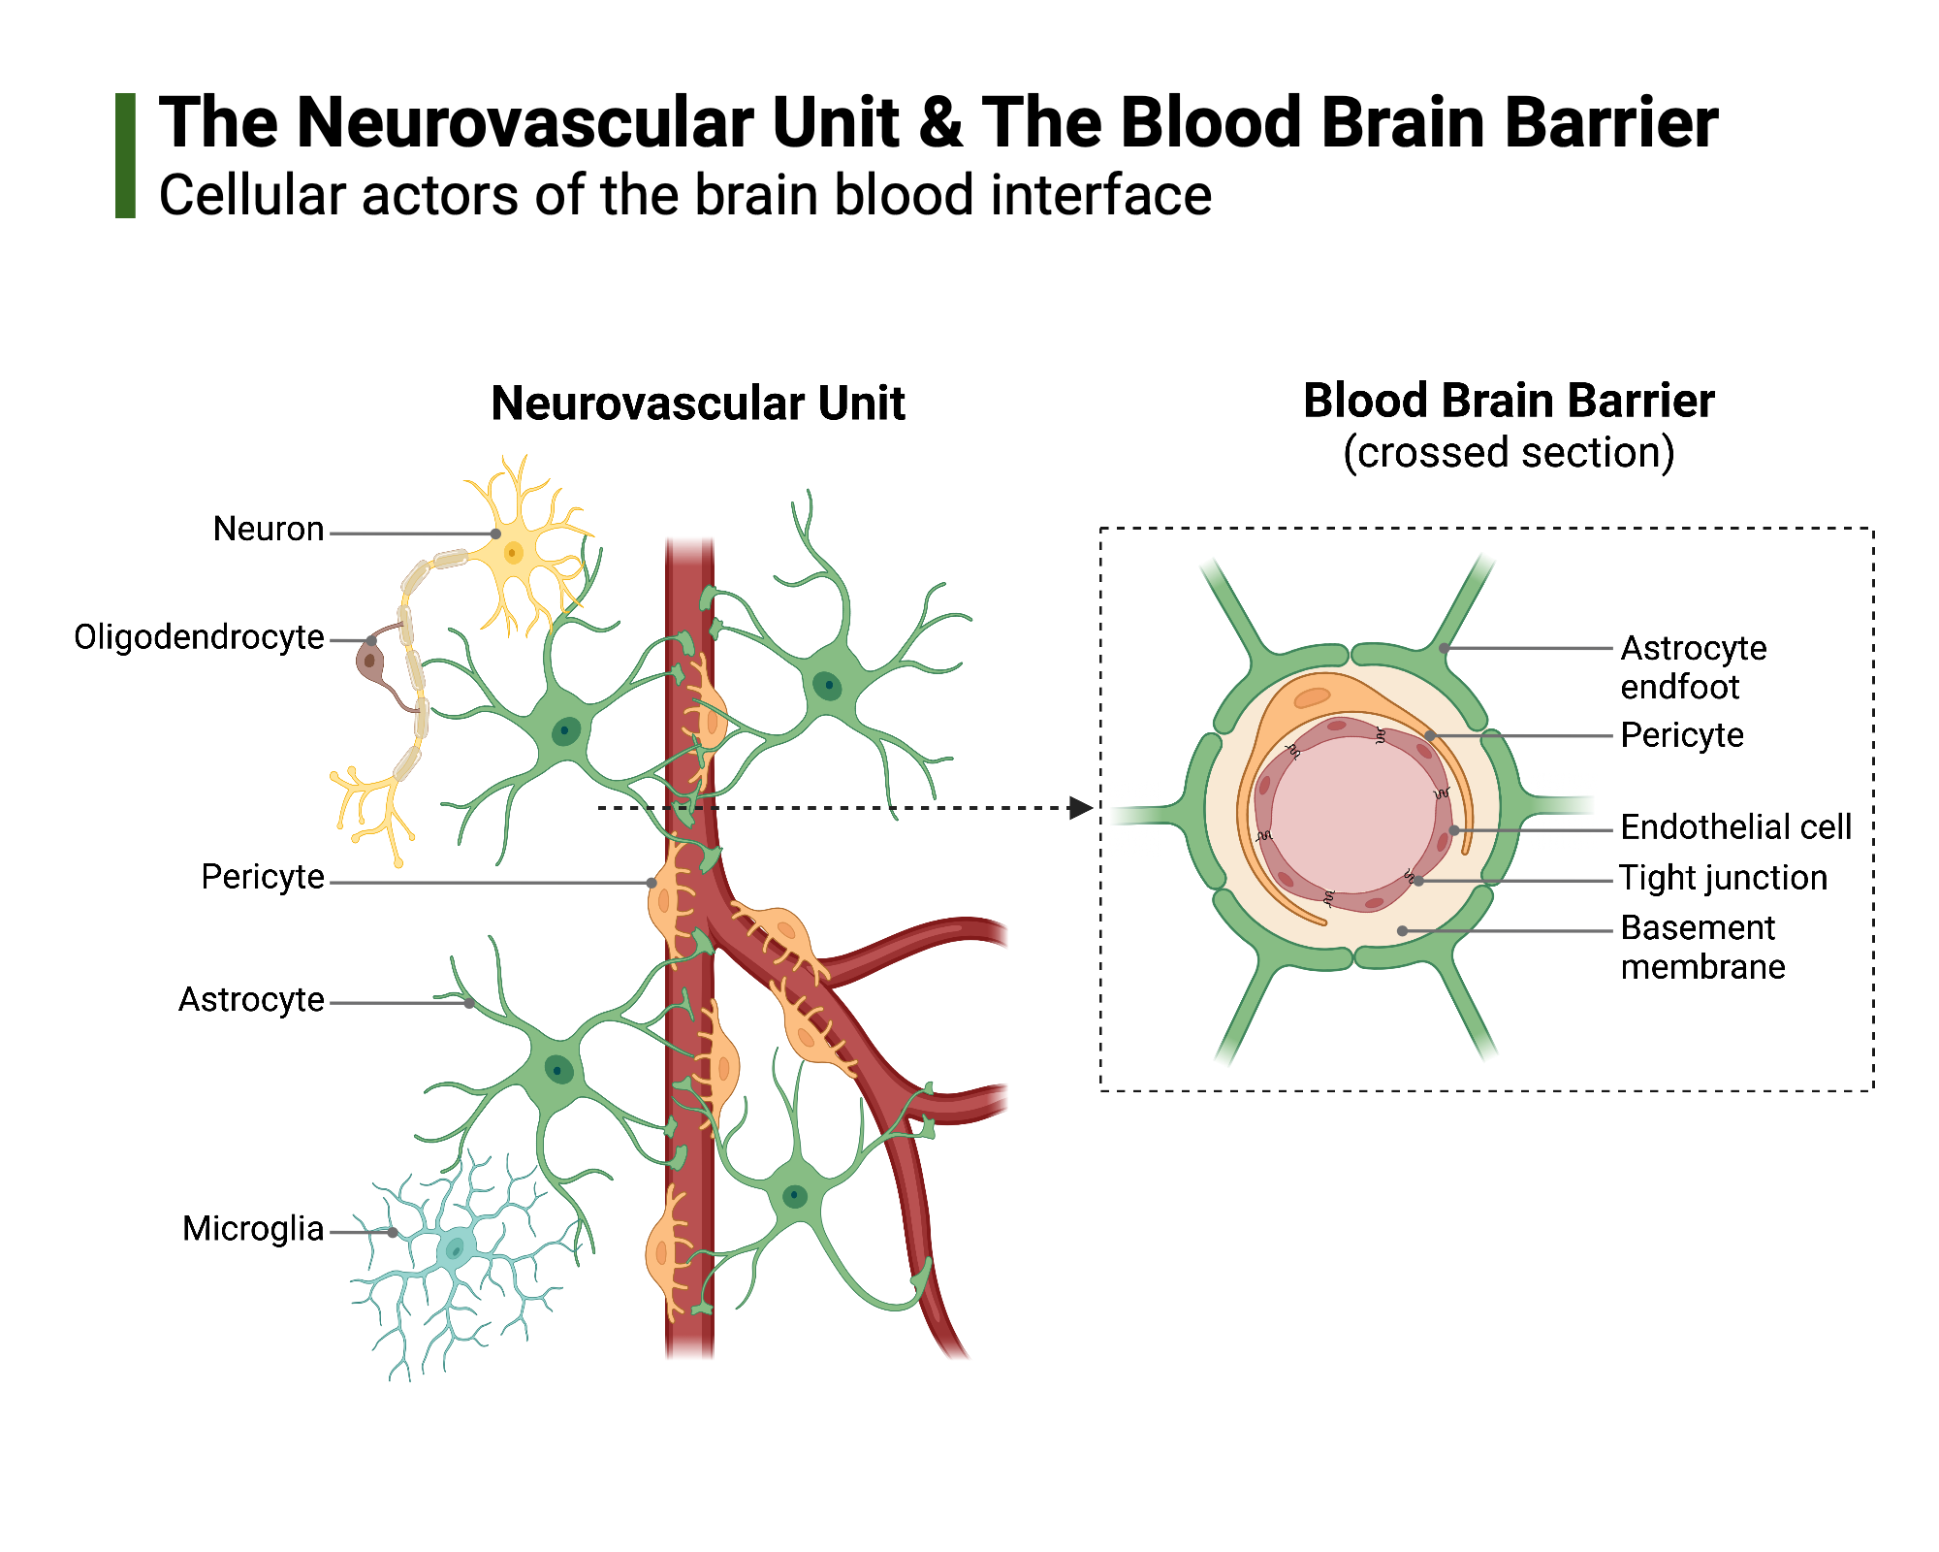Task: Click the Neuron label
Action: coord(269,530)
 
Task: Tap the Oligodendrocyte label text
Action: coord(199,637)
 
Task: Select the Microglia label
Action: coord(253,1229)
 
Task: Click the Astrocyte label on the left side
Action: coord(251,1000)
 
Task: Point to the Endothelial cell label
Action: coord(1735,827)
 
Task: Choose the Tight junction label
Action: coord(1723,878)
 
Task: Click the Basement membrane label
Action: coord(1701,948)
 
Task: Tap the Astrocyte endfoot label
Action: coord(1693,667)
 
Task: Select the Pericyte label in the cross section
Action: coord(1682,735)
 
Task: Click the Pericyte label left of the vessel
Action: coord(263,877)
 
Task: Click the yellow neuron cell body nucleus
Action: coord(513,553)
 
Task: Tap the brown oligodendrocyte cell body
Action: coord(369,663)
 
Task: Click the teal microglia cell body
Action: coord(454,1247)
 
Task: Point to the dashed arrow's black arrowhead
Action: coord(1080,807)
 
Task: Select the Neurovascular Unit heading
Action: coord(697,404)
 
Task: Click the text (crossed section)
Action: coord(1509,453)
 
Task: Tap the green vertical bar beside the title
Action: coord(125,155)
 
